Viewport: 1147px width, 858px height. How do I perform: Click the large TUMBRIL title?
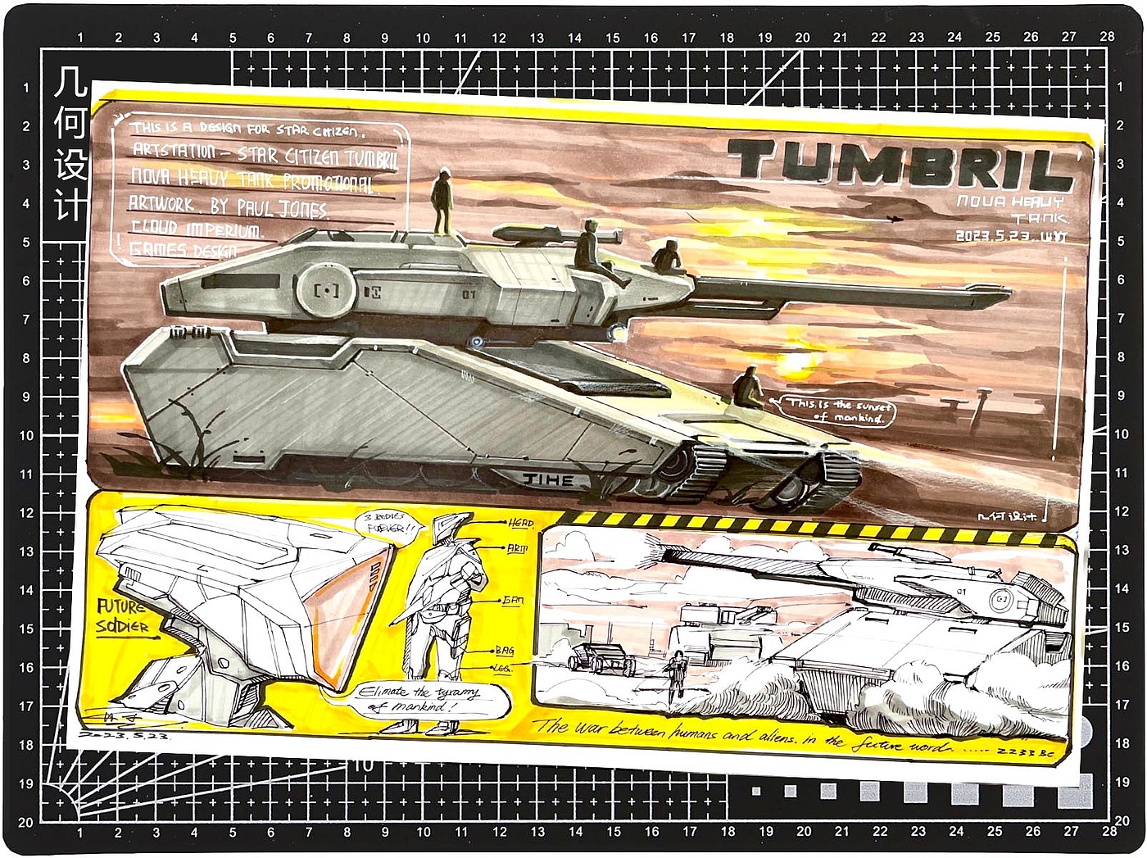click(900, 161)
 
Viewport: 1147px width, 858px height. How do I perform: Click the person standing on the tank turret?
click(442, 200)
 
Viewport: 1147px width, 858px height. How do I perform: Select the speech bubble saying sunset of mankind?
click(839, 411)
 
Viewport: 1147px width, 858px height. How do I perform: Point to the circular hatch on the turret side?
click(325, 288)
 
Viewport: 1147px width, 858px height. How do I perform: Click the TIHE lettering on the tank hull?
click(549, 480)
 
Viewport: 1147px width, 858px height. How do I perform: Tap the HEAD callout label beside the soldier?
click(521, 523)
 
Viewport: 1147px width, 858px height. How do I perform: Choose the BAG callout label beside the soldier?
click(505, 650)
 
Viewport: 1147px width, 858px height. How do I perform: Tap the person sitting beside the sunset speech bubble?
click(746, 388)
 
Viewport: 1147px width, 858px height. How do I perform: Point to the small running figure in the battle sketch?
click(678, 672)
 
